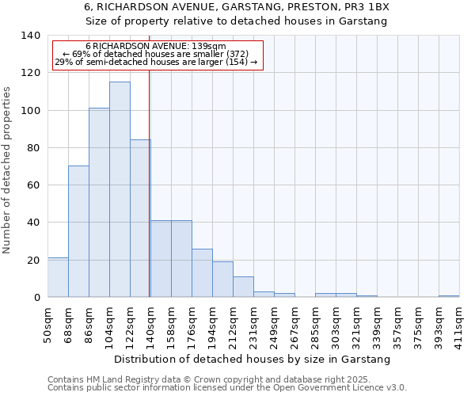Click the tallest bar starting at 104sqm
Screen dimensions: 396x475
120,190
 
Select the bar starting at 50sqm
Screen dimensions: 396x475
58,278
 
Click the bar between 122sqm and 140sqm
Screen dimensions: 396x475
140,219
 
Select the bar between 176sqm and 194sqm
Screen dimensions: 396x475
202,273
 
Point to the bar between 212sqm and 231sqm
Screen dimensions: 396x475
243,287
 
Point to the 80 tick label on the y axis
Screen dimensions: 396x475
32,148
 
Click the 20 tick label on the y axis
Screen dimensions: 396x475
32,260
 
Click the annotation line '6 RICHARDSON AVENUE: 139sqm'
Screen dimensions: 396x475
156,47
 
